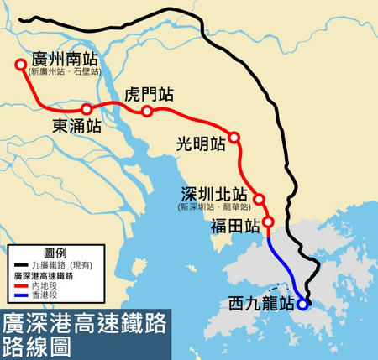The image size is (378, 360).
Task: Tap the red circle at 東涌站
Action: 87,107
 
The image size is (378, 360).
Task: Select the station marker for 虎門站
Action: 147,112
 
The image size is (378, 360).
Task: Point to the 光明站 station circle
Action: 234,138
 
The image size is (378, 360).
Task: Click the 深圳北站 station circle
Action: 260,199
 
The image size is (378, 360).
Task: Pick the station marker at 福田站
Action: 268,222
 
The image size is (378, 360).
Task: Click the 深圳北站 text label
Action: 214,192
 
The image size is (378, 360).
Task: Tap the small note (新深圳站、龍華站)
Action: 214,206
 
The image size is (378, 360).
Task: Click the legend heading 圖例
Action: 55,253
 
